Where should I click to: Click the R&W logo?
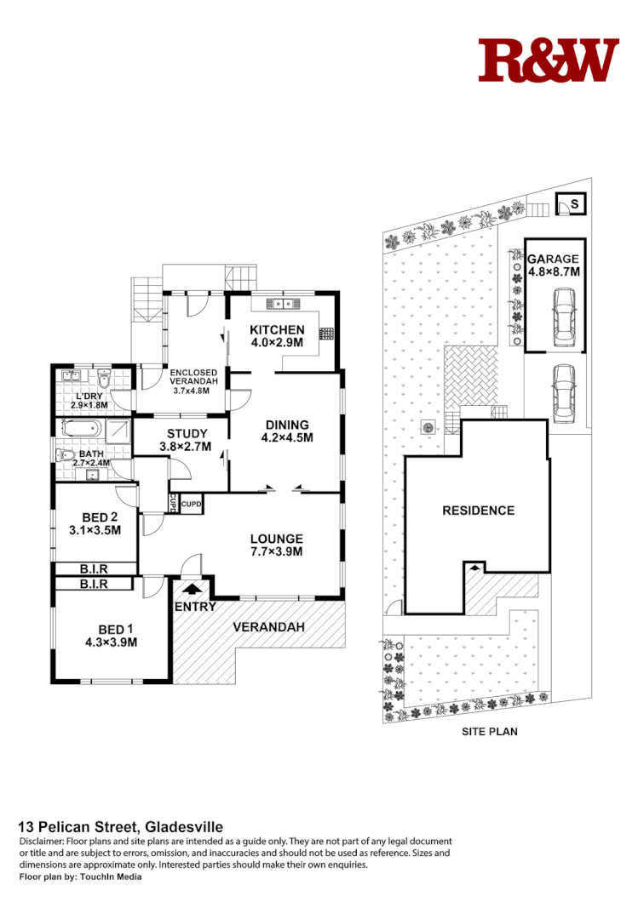[548, 60]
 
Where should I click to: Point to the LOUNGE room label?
[276, 544]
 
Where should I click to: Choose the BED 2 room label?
[95, 522]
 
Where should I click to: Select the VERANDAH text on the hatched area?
[269, 627]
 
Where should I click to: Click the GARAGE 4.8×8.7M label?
[553, 265]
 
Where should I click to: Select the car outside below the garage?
[563, 392]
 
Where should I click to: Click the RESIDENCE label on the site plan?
[478, 511]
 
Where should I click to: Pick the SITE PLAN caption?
[489, 731]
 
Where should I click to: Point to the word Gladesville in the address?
[184, 826]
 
